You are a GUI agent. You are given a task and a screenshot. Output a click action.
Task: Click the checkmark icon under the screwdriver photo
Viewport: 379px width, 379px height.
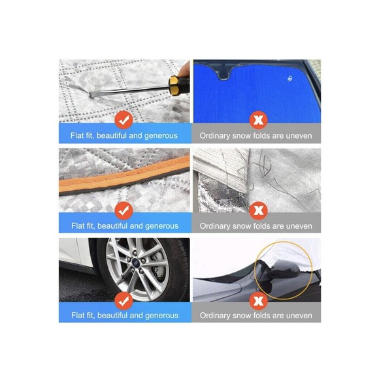pos(124,120)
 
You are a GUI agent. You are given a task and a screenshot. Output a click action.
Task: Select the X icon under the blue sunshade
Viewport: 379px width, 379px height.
pos(258,120)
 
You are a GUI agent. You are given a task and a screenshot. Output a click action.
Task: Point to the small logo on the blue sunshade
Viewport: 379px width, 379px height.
pos(290,78)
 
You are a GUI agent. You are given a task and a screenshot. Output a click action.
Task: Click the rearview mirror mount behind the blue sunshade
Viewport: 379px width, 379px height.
pos(224,73)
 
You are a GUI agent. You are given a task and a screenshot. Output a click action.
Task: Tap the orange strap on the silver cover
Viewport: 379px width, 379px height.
pos(124,176)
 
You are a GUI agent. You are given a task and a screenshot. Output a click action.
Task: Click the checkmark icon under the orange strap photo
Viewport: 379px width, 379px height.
pos(124,210)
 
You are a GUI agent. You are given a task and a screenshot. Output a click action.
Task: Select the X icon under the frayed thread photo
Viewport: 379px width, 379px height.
pos(258,210)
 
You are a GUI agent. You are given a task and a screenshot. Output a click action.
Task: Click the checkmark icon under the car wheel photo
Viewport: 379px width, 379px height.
pos(124,301)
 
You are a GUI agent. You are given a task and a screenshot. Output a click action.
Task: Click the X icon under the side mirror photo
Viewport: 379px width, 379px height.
pos(258,301)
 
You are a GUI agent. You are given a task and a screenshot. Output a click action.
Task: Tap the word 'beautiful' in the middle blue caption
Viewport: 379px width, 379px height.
pos(112,226)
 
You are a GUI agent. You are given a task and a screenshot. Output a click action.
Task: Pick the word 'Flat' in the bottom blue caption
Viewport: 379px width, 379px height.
pos(77,315)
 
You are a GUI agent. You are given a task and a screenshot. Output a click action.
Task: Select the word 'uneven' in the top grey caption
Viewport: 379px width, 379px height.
pos(299,136)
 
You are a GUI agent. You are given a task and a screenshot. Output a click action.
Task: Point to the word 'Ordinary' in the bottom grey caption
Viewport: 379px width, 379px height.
pos(214,316)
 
